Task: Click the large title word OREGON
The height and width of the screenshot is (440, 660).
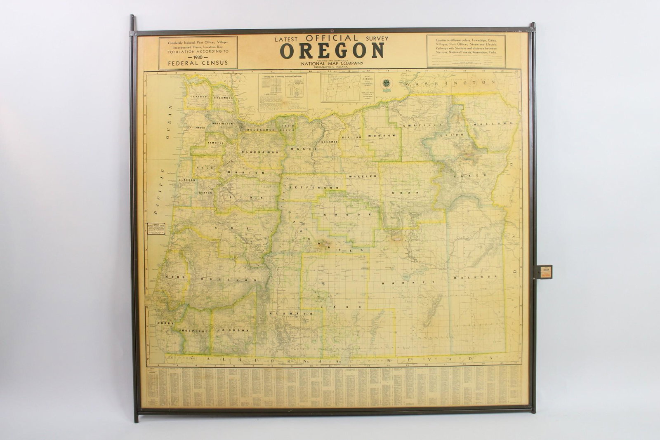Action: pos(332,51)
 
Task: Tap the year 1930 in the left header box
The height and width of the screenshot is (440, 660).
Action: pos(198,57)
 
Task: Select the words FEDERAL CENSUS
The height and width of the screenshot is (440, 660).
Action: pos(198,64)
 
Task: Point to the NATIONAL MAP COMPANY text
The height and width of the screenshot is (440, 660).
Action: pos(332,63)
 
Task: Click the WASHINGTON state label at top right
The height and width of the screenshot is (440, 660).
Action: pos(450,83)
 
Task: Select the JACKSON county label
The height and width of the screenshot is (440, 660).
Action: pos(234,330)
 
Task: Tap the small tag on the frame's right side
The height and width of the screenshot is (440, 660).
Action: pos(542,272)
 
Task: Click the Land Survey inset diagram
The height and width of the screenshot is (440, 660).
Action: pos(283,93)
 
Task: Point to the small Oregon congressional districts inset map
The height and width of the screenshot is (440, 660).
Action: pos(342,88)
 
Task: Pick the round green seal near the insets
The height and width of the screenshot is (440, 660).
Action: pos(387,82)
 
